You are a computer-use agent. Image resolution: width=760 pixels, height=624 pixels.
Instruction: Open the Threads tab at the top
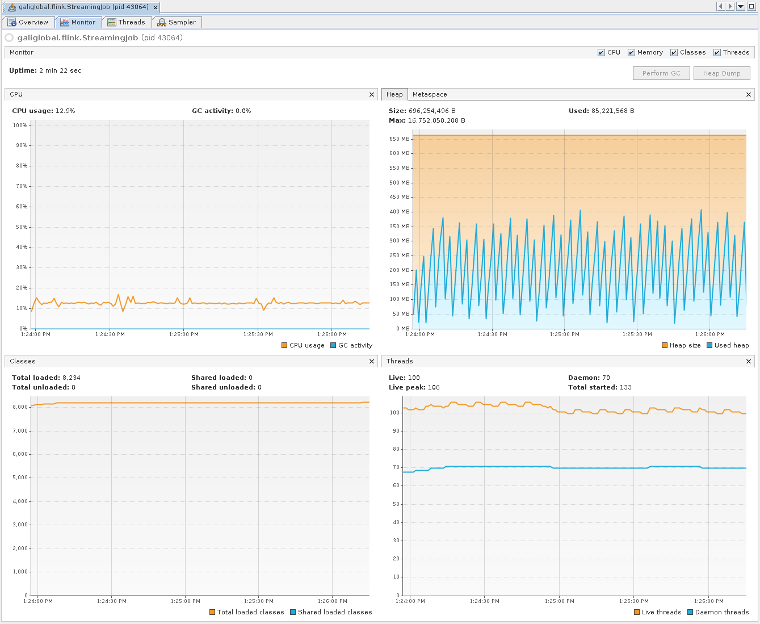point(127,22)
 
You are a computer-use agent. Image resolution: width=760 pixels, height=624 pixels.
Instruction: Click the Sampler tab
point(177,22)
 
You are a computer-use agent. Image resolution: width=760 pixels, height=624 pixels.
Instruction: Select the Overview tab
point(28,22)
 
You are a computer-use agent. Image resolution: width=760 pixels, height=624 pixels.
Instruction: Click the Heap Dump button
point(721,73)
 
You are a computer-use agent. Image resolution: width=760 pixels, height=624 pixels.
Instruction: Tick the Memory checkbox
point(631,53)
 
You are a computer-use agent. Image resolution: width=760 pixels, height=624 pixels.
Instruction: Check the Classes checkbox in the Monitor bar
point(674,53)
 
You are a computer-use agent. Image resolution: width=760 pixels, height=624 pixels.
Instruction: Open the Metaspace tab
point(430,94)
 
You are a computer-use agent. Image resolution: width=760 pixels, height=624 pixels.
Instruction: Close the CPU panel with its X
point(372,94)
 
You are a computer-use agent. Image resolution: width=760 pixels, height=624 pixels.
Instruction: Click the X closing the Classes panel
point(372,361)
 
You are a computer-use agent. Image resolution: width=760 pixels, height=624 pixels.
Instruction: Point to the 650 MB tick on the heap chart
point(399,139)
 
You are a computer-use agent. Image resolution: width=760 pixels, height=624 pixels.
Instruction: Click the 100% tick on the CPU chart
point(20,125)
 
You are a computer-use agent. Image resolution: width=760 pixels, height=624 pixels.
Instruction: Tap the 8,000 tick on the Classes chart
point(20,407)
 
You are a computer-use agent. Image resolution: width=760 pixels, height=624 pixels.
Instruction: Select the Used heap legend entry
point(728,345)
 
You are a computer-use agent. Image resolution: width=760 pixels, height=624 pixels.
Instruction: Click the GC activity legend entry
point(351,345)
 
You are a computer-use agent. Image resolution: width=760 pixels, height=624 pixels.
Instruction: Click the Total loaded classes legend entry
point(247,612)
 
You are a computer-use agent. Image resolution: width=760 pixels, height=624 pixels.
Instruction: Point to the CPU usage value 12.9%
point(65,111)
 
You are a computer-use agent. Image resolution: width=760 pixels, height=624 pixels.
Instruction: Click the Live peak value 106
point(434,388)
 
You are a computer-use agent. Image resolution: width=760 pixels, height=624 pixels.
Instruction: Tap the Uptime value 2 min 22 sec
point(60,70)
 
